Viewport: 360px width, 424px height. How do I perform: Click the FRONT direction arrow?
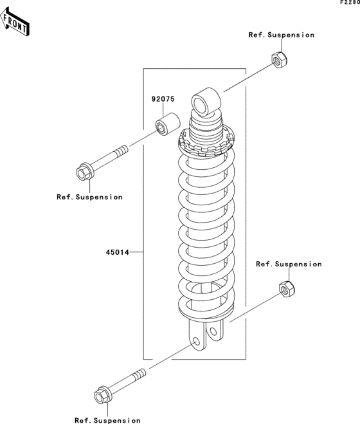[15, 22]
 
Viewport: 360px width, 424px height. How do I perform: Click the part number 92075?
[163, 99]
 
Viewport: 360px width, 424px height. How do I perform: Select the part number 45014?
[117, 252]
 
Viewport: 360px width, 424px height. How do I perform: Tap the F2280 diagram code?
[350, 2]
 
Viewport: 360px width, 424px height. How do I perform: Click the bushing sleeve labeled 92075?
[168, 125]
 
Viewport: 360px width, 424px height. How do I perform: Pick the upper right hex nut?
[280, 60]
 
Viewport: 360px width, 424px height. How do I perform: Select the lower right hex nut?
[287, 289]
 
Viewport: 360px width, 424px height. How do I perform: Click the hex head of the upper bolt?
[84, 172]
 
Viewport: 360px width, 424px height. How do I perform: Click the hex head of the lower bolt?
[102, 395]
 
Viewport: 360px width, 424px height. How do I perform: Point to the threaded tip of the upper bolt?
[123, 149]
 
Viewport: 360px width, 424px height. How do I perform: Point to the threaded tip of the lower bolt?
[141, 373]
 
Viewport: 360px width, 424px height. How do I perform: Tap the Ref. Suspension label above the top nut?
[282, 35]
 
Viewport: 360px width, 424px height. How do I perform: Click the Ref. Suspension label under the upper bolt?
[89, 197]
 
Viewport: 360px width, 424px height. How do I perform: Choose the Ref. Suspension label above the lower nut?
[289, 264]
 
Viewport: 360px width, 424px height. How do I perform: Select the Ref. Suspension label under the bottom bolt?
[107, 420]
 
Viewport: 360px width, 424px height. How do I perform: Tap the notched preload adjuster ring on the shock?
[206, 143]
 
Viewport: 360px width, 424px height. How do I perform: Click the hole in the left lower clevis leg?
[197, 341]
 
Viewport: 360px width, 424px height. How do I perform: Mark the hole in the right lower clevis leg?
[213, 331]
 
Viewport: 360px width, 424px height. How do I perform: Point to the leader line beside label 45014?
[136, 252]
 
